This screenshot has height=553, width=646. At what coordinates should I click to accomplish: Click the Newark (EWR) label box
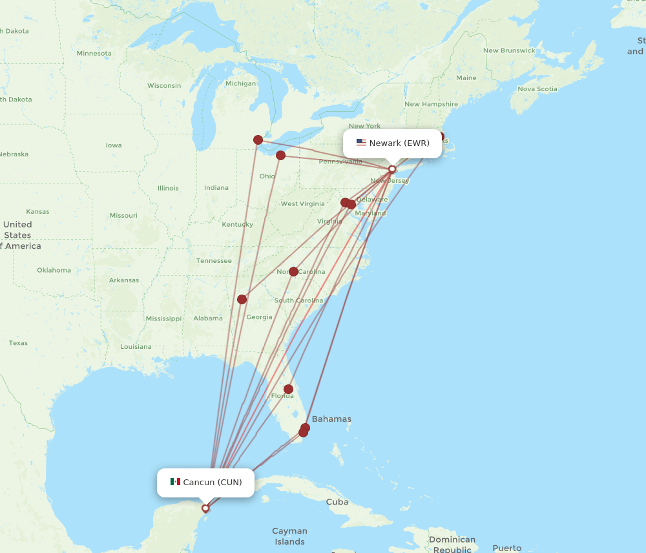392,143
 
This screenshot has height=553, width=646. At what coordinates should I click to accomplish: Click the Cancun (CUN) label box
205,483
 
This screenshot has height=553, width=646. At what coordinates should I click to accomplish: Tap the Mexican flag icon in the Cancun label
175,482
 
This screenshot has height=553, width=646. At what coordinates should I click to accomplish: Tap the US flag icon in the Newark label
361,143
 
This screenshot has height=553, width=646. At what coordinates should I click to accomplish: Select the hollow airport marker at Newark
392,169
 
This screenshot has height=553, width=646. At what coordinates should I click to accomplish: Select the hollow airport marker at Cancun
205,508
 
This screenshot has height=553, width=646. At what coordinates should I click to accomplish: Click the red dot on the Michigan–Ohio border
258,140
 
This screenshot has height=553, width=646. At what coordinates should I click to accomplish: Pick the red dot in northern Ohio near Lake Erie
280,155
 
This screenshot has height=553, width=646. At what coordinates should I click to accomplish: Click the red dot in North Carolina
293,271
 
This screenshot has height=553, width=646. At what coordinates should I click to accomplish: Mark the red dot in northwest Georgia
242,299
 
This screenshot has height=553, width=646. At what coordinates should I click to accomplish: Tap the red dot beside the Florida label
288,389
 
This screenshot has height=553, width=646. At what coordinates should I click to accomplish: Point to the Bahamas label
331,419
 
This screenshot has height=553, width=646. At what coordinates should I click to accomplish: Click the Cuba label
337,502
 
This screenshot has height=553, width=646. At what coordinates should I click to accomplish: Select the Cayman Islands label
289,536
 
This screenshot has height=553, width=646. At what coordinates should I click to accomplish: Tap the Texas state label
18,343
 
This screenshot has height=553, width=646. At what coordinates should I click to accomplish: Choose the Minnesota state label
94,53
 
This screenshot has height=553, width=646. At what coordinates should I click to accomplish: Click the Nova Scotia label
537,89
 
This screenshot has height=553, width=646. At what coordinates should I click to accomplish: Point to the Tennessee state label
214,260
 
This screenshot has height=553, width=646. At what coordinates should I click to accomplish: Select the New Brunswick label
509,50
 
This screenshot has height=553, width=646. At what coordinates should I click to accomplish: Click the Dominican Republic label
452,544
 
